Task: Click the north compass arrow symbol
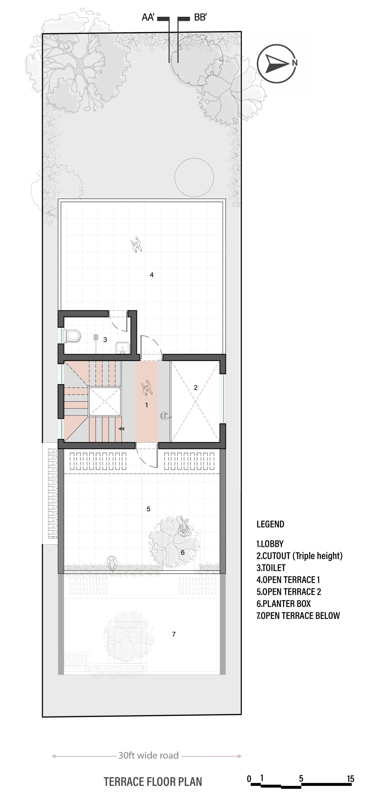point(277,63)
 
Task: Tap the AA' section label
point(148,17)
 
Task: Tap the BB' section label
point(200,17)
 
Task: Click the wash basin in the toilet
point(122,348)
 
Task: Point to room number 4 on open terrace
point(152,275)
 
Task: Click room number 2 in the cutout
point(196,388)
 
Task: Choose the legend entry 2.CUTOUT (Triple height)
point(300,556)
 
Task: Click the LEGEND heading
point(270,524)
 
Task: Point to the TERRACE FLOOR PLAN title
point(153,782)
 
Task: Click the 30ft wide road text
point(149,755)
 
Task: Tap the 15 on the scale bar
point(351,779)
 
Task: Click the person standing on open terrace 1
point(136,245)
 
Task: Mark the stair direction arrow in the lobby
point(121,429)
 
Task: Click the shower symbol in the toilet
point(96,337)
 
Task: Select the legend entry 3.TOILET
point(271,568)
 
